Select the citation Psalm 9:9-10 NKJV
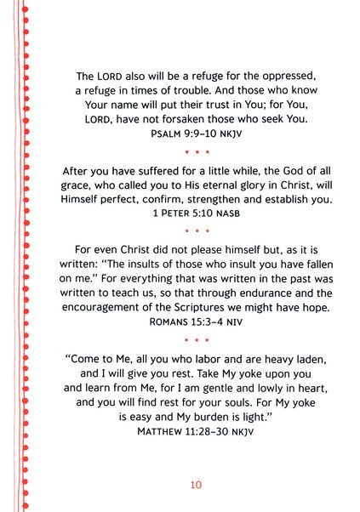[196, 134]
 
